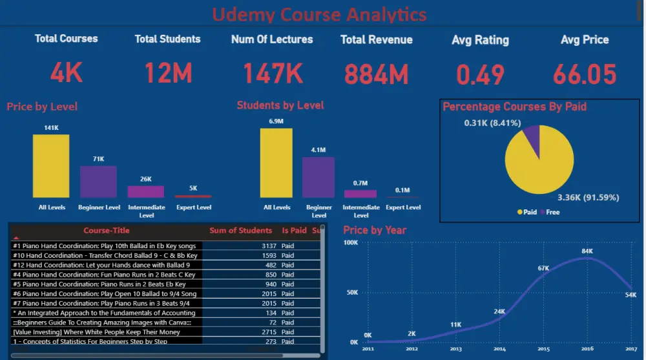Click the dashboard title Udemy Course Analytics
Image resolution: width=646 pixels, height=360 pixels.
click(x=319, y=14)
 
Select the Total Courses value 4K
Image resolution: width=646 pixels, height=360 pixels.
click(x=66, y=73)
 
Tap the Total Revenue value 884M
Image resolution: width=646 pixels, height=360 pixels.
click(x=377, y=74)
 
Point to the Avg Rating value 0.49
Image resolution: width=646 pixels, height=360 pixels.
click(x=480, y=75)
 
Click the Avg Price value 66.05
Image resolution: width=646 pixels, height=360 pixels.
click(x=585, y=75)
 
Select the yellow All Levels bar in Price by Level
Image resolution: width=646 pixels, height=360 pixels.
click(x=51, y=166)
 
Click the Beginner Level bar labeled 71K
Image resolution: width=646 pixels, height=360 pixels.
click(x=98, y=182)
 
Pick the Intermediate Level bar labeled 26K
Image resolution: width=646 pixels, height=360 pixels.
click(x=145, y=191)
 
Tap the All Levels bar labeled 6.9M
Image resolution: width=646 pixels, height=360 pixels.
click(x=276, y=163)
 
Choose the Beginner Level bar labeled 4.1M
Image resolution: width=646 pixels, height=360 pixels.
click(x=318, y=177)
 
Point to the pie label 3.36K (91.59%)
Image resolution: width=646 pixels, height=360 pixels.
click(x=588, y=197)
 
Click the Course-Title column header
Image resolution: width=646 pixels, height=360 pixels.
click(x=106, y=230)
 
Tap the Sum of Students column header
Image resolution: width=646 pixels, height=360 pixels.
click(x=240, y=230)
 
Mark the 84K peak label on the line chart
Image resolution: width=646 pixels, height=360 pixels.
click(x=587, y=251)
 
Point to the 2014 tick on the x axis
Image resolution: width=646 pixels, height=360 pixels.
click(x=500, y=349)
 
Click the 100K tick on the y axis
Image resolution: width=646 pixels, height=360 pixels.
click(x=351, y=243)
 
